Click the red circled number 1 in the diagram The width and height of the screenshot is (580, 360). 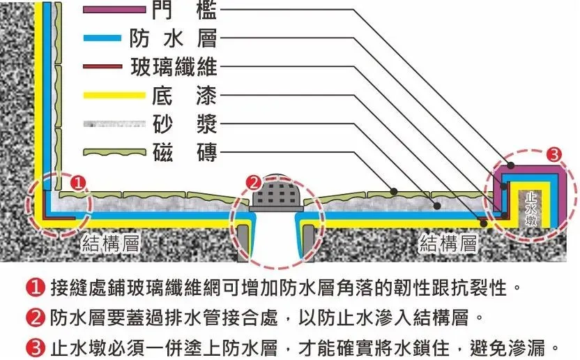(x=79, y=183)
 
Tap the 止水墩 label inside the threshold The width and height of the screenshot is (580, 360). (x=532, y=206)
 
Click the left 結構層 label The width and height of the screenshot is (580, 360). (x=112, y=243)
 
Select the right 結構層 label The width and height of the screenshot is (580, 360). (x=448, y=243)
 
